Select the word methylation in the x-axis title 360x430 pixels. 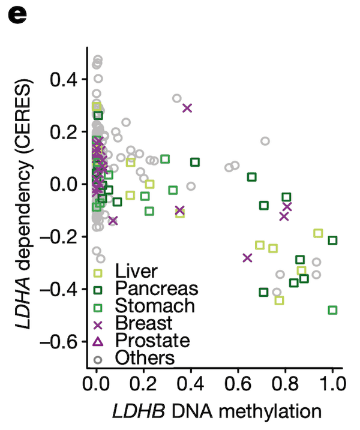pos(273,411)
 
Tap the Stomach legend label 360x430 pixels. pos(155,306)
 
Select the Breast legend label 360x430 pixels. pos(144,323)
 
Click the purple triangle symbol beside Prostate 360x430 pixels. pos(97,341)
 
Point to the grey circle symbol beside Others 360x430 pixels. pos(97,359)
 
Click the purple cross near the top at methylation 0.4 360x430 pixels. pos(187,108)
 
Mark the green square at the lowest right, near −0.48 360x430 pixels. pos(332,310)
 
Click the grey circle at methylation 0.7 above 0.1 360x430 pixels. pos(265,142)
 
